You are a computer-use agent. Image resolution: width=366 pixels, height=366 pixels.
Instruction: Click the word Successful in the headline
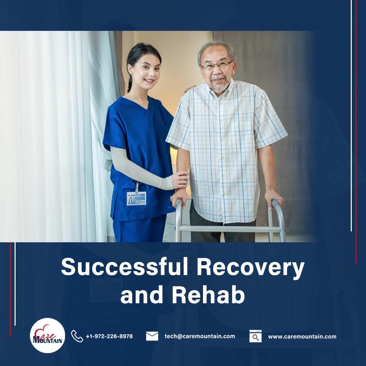[124, 267]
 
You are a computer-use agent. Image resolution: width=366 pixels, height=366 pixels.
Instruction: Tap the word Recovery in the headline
[250, 267]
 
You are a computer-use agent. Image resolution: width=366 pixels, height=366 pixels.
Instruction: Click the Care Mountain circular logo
[47, 335]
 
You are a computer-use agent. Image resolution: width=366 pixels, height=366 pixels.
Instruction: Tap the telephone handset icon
[77, 336]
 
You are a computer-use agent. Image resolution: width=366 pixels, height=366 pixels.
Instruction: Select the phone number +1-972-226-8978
[109, 336]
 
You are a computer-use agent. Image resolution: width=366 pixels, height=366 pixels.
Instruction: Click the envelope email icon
[152, 336]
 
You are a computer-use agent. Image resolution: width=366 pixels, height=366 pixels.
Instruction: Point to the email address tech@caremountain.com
[200, 336]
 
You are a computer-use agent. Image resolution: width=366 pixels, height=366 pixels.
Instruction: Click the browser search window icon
[256, 336]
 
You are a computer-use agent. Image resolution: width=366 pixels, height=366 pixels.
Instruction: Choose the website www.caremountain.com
[302, 337]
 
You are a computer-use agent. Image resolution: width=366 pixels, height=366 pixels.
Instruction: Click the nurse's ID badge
[137, 198]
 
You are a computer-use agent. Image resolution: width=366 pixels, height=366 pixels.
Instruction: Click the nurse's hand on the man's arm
[180, 180]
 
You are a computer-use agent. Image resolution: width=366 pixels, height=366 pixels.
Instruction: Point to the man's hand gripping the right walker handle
[274, 197]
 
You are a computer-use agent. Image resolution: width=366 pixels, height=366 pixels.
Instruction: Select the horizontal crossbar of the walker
[230, 229]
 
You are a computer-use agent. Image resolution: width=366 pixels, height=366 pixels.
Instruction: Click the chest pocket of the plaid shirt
[244, 115]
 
